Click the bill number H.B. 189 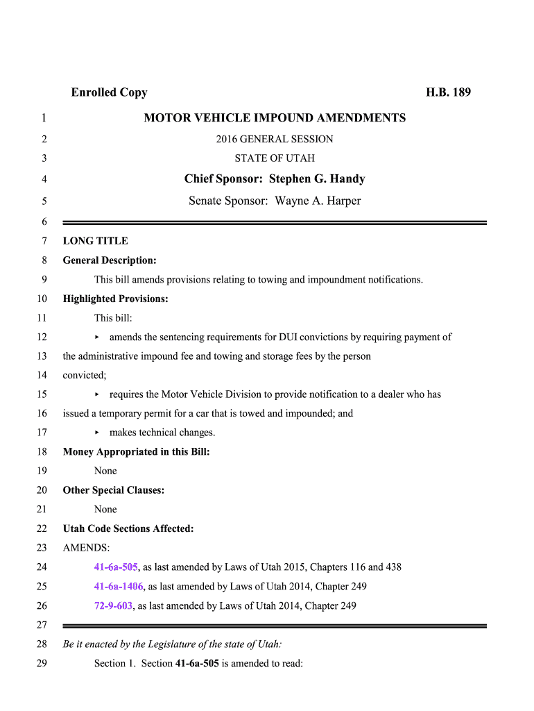coord(448,92)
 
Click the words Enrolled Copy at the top coord(109,92)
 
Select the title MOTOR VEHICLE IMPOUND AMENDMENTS coord(275,118)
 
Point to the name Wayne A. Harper coord(318,201)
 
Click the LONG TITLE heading coord(96,241)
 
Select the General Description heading coord(110,260)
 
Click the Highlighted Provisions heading coord(116,299)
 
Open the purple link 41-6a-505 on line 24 coord(116,567)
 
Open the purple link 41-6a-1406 coord(119,587)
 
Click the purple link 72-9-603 coord(113,606)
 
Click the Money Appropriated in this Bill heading coord(136,452)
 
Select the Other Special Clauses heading coord(114,490)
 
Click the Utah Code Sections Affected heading coord(128,529)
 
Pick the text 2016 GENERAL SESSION coord(275,139)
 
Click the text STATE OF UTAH coord(275,158)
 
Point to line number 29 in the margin coord(42,663)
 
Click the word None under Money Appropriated coord(105,471)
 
